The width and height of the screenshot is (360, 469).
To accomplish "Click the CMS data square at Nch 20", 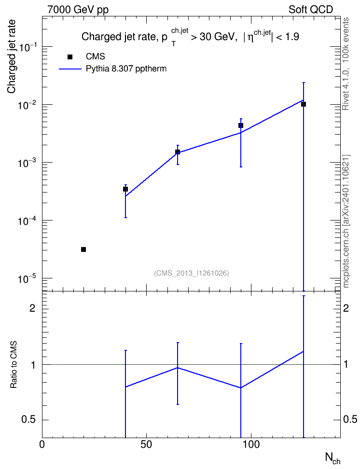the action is pyautogui.click(x=83, y=249).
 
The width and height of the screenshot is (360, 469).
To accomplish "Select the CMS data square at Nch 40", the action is pyautogui.click(x=125, y=189).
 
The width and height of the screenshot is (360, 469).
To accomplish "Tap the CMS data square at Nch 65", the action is pyautogui.click(x=178, y=152).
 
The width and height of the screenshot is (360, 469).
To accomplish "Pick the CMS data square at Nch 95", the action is pyautogui.click(x=241, y=125).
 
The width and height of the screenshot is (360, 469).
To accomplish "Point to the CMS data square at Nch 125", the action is pyautogui.click(x=304, y=104).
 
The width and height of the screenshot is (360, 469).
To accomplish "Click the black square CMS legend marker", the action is pyautogui.click(x=70, y=57).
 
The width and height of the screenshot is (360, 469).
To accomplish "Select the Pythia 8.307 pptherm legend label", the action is pyautogui.click(x=126, y=69).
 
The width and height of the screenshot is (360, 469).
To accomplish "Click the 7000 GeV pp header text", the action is pyautogui.click(x=78, y=10).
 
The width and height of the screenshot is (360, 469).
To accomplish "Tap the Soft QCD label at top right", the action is pyautogui.click(x=311, y=10).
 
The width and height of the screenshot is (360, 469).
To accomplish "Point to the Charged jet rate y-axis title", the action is pyautogui.click(x=12, y=57).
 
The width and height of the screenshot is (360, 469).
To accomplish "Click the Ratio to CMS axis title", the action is pyautogui.click(x=14, y=365).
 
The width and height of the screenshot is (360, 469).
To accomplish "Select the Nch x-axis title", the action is pyautogui.click(x=333, y=458).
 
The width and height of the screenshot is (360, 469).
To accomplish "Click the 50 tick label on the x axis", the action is pyautogui.click(x=146, y=444).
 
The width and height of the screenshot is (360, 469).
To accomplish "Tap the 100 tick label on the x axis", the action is pyautogui.click(x=250, y=444).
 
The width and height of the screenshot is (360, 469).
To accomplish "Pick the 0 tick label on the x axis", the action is pyautogui.click(x=42, y=444).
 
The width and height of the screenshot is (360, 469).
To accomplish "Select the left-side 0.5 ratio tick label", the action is pyautogui.click(x=28, y=420).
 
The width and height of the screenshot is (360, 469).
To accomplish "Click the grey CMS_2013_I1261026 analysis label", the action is pyautogui.click(x=192, y=273).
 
